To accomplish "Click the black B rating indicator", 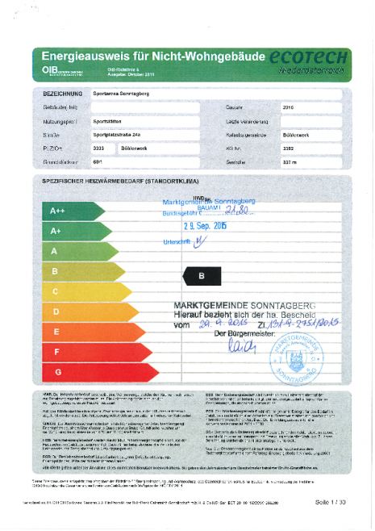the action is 201,275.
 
